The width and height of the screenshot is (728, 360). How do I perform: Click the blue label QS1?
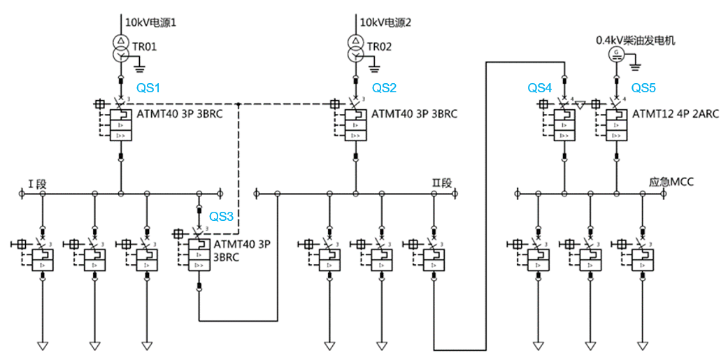click(148, 88)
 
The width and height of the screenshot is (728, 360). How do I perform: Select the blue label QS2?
click(384, 88)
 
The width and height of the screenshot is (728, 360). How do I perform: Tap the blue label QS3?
click(221, 216)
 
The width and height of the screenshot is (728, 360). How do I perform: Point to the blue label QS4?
click(540, 88)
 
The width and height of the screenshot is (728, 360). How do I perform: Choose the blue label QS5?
click(644, 88)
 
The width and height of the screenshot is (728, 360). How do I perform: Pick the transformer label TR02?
click(381, 47)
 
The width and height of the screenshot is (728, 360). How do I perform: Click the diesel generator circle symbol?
click(616, 53)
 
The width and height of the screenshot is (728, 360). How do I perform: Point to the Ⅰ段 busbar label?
click(37, 184)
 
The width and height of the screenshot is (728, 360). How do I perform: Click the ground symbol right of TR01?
click(140, 68)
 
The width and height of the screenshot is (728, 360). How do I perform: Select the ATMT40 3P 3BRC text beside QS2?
click(414, 113)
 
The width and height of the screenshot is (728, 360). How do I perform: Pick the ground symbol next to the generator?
click(635, 66)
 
